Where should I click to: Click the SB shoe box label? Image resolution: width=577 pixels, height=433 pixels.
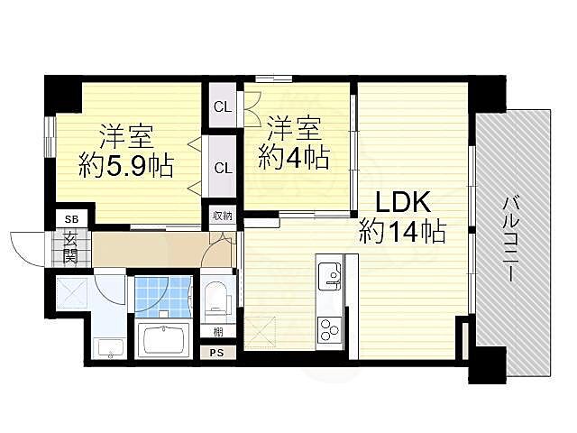click(71, 219)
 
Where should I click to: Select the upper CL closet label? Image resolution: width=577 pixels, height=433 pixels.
click(223, 107)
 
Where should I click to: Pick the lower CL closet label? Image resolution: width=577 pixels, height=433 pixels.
click(224, 169)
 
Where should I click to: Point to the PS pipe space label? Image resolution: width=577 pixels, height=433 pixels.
click(216, 353)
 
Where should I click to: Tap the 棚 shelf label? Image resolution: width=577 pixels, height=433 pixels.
click(218, 333)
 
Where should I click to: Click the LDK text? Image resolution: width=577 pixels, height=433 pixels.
click(403, 203)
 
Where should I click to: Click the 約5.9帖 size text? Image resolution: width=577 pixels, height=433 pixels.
click(126, 167)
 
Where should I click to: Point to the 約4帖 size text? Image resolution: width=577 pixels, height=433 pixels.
click(293, 159)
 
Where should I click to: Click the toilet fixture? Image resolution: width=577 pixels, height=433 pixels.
click(216, 299)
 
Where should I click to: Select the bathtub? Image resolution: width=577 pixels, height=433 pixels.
click(163, 339)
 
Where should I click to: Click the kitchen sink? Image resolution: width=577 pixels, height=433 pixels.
click(330, 276)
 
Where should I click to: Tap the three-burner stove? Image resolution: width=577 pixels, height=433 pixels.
click(329, 329)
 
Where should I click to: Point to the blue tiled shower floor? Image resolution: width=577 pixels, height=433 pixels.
click(162, 297)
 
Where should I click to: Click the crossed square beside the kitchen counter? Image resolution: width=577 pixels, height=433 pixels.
click(261, 333)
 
